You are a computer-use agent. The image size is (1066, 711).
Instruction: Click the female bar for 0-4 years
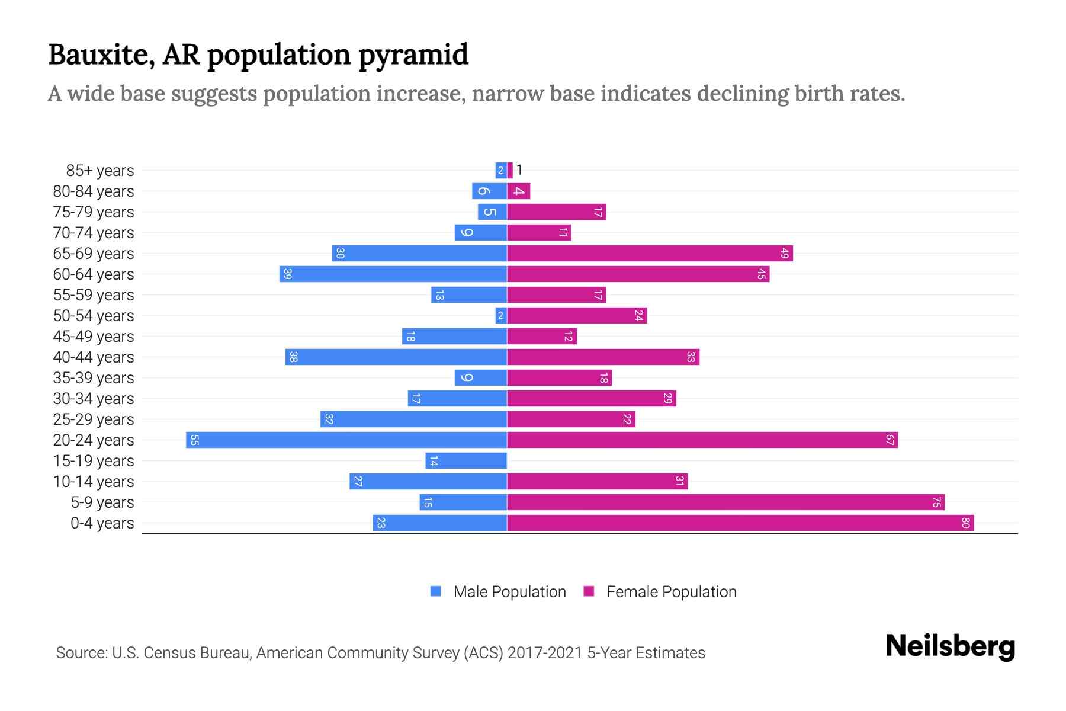[740, 523]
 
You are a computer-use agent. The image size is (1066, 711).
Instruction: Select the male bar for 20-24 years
[346, 440]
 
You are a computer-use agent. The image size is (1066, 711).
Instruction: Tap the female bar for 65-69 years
[650, 253]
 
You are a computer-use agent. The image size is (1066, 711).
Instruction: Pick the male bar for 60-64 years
[393, 274]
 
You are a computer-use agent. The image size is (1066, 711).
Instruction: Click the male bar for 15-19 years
[466, 460]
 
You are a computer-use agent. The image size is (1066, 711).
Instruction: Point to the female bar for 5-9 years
[725, 502]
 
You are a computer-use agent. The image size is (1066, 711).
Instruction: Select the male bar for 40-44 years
[396, 357]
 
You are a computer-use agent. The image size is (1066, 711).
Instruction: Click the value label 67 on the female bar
[890, 440]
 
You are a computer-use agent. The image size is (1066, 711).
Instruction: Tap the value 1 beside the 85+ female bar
[519, 170]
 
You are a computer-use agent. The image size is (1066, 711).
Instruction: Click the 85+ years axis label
[100, 171]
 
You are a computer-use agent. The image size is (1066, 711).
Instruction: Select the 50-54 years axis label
[94, 316]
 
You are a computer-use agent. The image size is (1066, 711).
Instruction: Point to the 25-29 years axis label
[94, 419]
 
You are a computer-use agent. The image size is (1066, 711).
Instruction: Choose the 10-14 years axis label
[94, 482]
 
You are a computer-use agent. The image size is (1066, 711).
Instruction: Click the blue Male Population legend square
[436, 591]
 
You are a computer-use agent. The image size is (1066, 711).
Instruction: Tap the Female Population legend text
[671, 591]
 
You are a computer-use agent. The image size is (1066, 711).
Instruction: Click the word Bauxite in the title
[101, 55]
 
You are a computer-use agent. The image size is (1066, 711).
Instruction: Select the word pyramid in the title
[413, 55]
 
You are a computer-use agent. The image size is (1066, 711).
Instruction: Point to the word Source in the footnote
[81, 653]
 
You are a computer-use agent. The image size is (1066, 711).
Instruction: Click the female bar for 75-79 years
[556, 212]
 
